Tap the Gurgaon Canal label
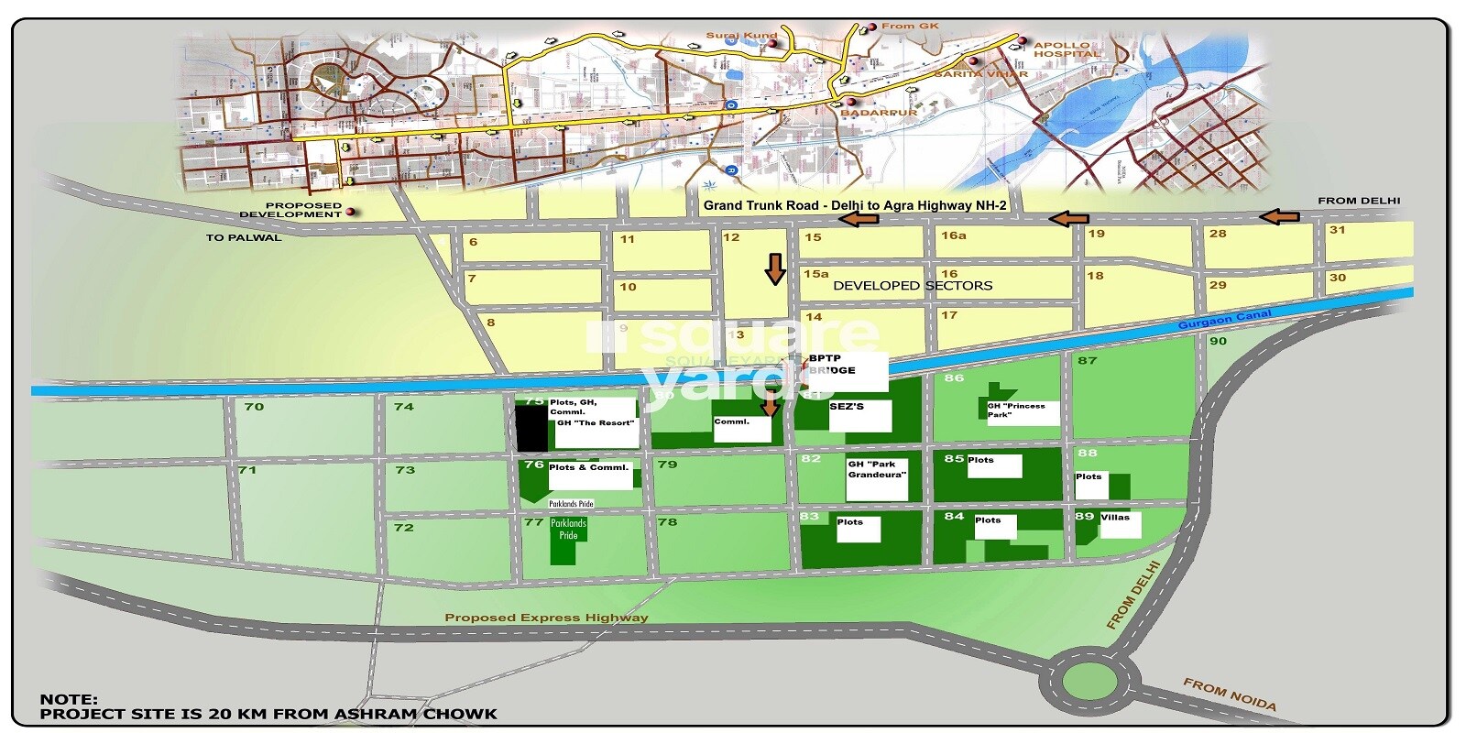(x=1224, y=320)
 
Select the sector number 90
(x=1218, y=341)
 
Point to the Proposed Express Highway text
(x=546, y=618)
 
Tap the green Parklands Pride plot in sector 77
(x=566, y=540)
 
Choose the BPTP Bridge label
(x=832, y=365)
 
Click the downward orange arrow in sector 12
(x=775, y=269)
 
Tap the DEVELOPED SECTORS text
(x=912, y=286)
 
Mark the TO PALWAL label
(x=244, y=237)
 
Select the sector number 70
(x=254, y=406)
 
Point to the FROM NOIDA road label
(x=1229, y=695)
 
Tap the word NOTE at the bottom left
(x=69, y=699)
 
